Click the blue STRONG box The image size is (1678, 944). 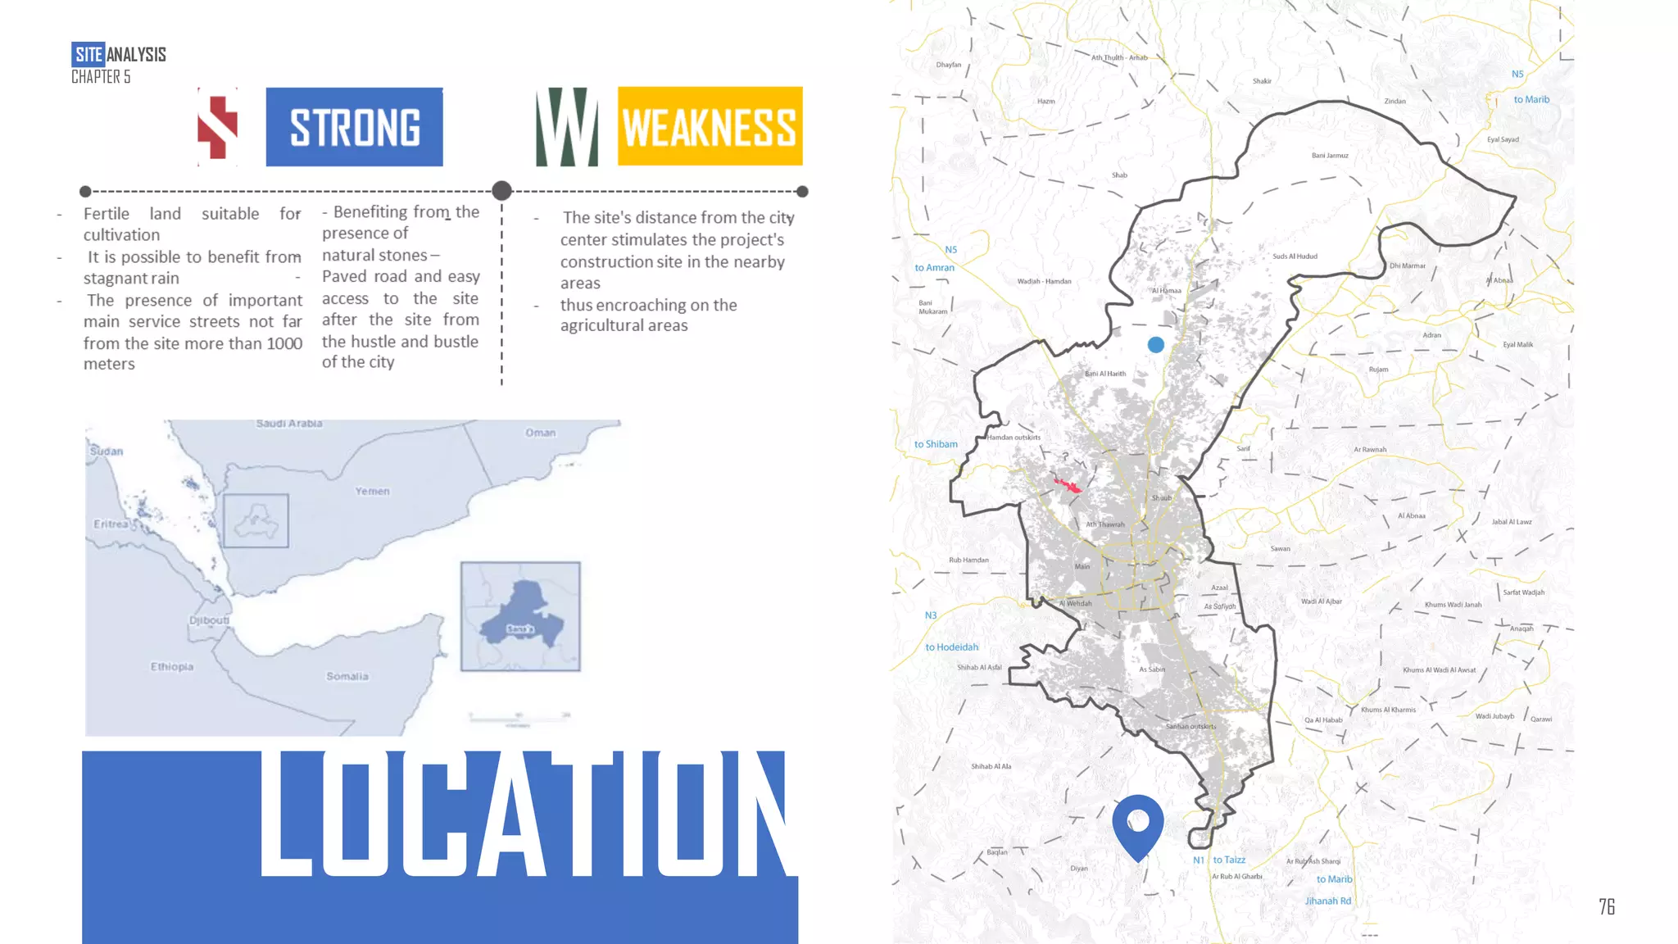pyautogui.click(x=354, y=127)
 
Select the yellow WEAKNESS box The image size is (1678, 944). pyautogui.click(x=710, y=126)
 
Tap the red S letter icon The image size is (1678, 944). pyautogui.click(x=218, y=127)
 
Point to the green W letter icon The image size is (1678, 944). pyautogui.click(x=566, y=127)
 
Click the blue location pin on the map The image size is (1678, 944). pyautogui.click(x=1138, y=824)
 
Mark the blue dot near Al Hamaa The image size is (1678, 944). pyautogui.click(x=1156, y=345)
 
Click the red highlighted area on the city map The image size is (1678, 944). pyautogui.click(x=1068, y=486)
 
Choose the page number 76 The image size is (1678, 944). pyautogui.click(x=1607, y=906)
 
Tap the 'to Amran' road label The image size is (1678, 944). pyautogui.click(x=934, y=268)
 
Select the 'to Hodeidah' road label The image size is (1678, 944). pyautogui.click(x=951, y=647)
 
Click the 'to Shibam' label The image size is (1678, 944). pyautogui.click(x=936, y=444)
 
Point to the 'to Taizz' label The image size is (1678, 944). pyautogui.click(x=1229, y=860)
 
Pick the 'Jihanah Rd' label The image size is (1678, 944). pyautogui.click(x=1328, y=901)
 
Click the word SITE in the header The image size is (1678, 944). pyautogui.click(x=88, y=55)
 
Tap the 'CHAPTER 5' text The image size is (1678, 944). pyautogui.click(x=101, y=77)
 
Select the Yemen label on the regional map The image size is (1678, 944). pyautogui.click(x=372, y=491)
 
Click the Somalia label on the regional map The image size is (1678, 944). pyautogui.click(x=347, y=676)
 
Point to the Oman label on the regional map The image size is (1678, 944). pyautogui.click(x=540, y=433)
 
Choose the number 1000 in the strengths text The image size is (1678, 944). pyautogui.click(x=284, y=343)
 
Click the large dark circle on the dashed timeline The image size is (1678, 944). pyautogui.click(x=502, y=191)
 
